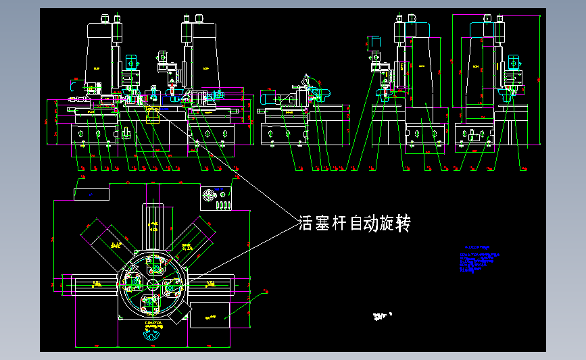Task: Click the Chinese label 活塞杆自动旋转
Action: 354,223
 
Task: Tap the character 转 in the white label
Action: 403,223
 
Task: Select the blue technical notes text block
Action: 481,260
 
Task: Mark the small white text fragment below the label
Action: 383,314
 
